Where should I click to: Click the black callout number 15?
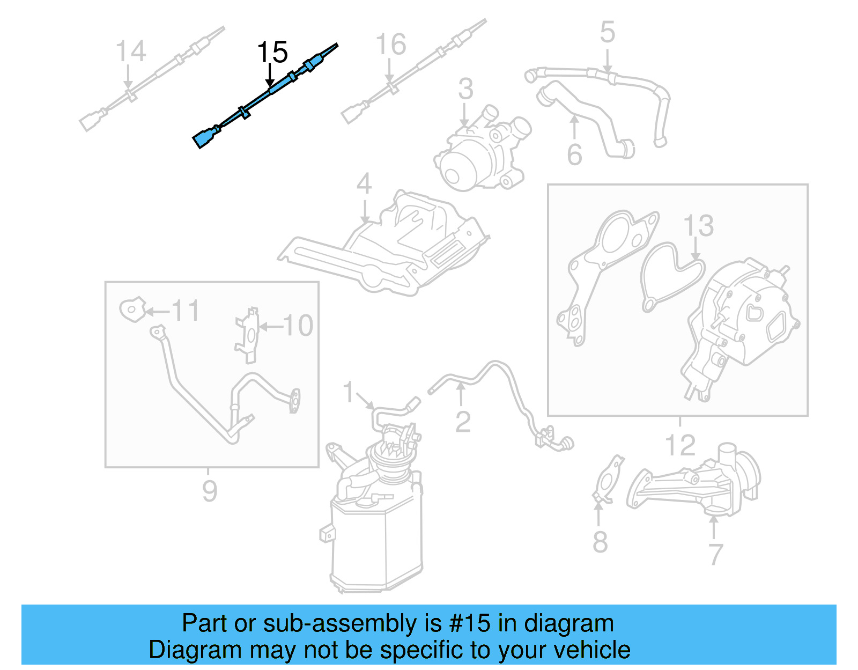[x=272, y=53]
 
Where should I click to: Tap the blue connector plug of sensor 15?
[x=204, y=138]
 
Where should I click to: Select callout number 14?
[x=130, y=51]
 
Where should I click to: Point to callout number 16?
[x=390, y=45]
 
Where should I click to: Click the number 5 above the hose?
[x=607, y=32]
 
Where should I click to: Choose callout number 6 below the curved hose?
[x=574, y=154]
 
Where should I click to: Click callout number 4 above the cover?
[x=364, y=184]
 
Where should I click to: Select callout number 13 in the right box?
[x=698, y=226]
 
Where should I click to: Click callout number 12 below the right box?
[x=680, y=445]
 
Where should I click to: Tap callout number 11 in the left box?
[x=185, y=311]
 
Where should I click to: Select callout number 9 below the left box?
[x=210, y=491]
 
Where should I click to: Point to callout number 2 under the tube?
[x=463, y=422]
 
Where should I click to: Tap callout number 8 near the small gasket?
[x=600, y=542]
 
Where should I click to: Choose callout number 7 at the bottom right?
[x=715, y=554]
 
